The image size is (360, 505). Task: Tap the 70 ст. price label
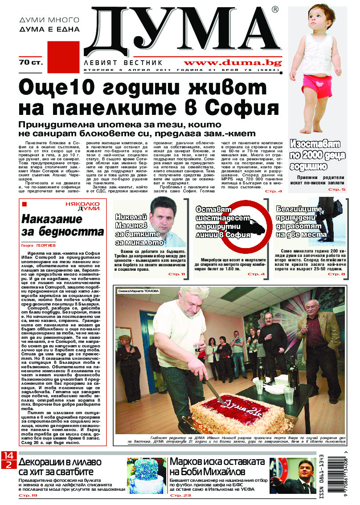click(x=31, y=62)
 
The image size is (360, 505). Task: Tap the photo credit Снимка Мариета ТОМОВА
click(x=139, y=291)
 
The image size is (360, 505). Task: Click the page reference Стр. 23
click(x=180, y=495)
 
